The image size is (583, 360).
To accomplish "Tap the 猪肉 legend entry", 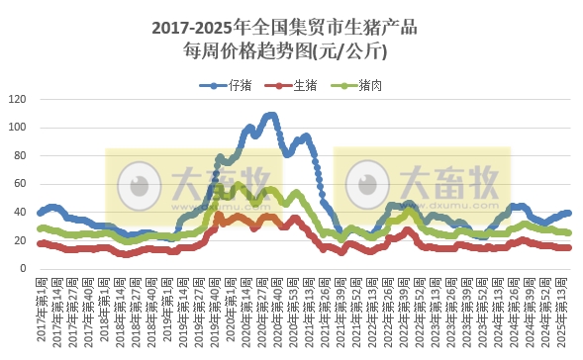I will [369, 86].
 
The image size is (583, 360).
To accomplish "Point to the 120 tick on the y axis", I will [19, 99].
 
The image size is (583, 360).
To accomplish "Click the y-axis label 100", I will [19, 128].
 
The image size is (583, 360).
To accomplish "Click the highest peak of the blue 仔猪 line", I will [270, 115].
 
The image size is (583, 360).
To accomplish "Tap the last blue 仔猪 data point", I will [568, 213].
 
